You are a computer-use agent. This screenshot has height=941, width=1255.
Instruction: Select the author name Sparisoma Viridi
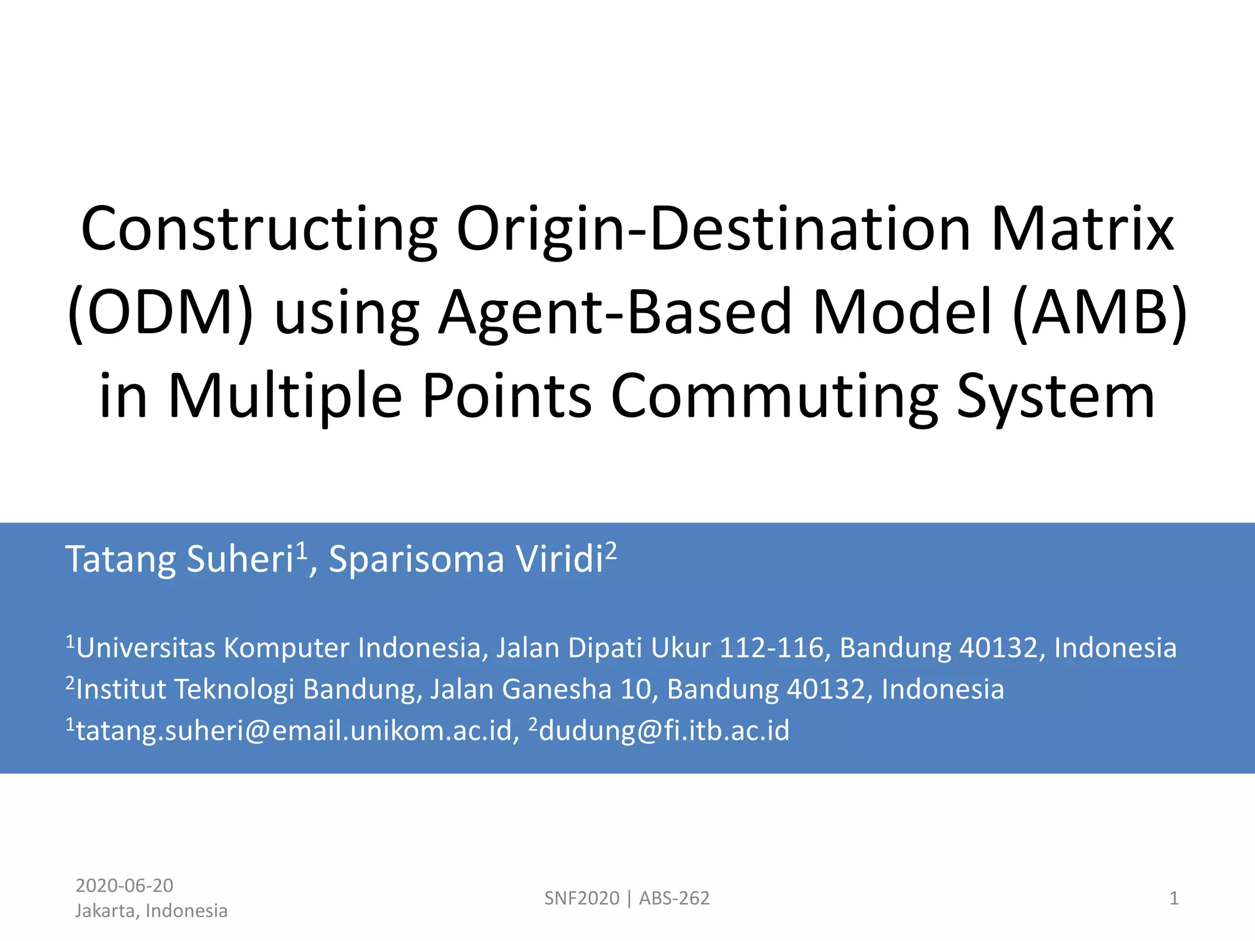tap(466, 559)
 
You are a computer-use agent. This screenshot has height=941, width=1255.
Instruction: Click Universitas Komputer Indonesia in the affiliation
tap(279, 648)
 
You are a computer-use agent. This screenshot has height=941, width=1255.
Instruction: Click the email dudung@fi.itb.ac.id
tap(664, 730)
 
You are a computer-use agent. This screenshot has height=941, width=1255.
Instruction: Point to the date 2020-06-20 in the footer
tap(124, 885)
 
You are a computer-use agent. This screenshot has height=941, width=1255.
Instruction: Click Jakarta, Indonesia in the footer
tap(151, 911)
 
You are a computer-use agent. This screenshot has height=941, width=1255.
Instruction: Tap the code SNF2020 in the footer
tap(582, 898)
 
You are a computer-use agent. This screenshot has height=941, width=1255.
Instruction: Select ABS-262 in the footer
tap(674, 898)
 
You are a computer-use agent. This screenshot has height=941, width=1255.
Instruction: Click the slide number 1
tap(1173, 898)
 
